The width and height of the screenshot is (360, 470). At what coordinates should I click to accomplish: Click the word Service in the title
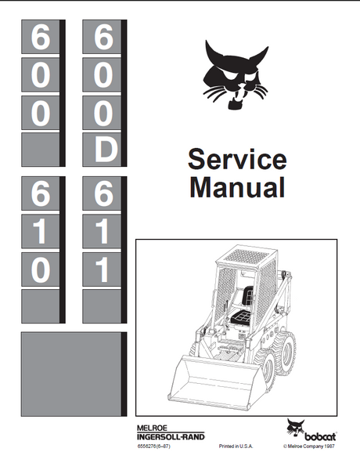(x=237, y=159)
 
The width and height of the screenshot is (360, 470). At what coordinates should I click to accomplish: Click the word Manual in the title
(x=237, y=187)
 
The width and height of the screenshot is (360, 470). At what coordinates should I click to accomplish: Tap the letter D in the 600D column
(x=106, y=150)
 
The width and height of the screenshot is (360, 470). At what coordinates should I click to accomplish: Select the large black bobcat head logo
(x=236, y=75)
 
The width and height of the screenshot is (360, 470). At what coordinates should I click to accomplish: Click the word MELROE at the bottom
(x=152, y=428)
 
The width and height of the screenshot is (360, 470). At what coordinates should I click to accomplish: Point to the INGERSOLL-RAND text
(x=171, y=436)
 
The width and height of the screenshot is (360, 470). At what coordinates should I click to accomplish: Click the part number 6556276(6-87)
(x=153, y=446)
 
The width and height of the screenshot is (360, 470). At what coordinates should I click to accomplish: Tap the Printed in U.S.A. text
(x=236, y=446)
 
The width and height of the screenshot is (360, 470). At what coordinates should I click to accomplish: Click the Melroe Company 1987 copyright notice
(x=309, y=446)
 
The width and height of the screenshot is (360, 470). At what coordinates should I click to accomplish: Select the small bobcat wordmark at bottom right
(x=320, y=436)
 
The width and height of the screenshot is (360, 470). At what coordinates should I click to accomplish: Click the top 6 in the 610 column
(x=41, y=194)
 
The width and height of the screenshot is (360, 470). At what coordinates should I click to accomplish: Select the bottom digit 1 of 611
(x=103, y=269)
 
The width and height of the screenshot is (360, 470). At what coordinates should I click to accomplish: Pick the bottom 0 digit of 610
(x=41, y=270)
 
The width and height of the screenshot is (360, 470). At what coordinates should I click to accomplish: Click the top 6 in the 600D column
(x=103, y=38)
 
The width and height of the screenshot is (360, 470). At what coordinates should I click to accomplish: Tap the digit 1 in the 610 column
(x=40, y=232)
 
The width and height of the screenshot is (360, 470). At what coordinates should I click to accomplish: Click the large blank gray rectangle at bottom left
(x=71, y=374)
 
